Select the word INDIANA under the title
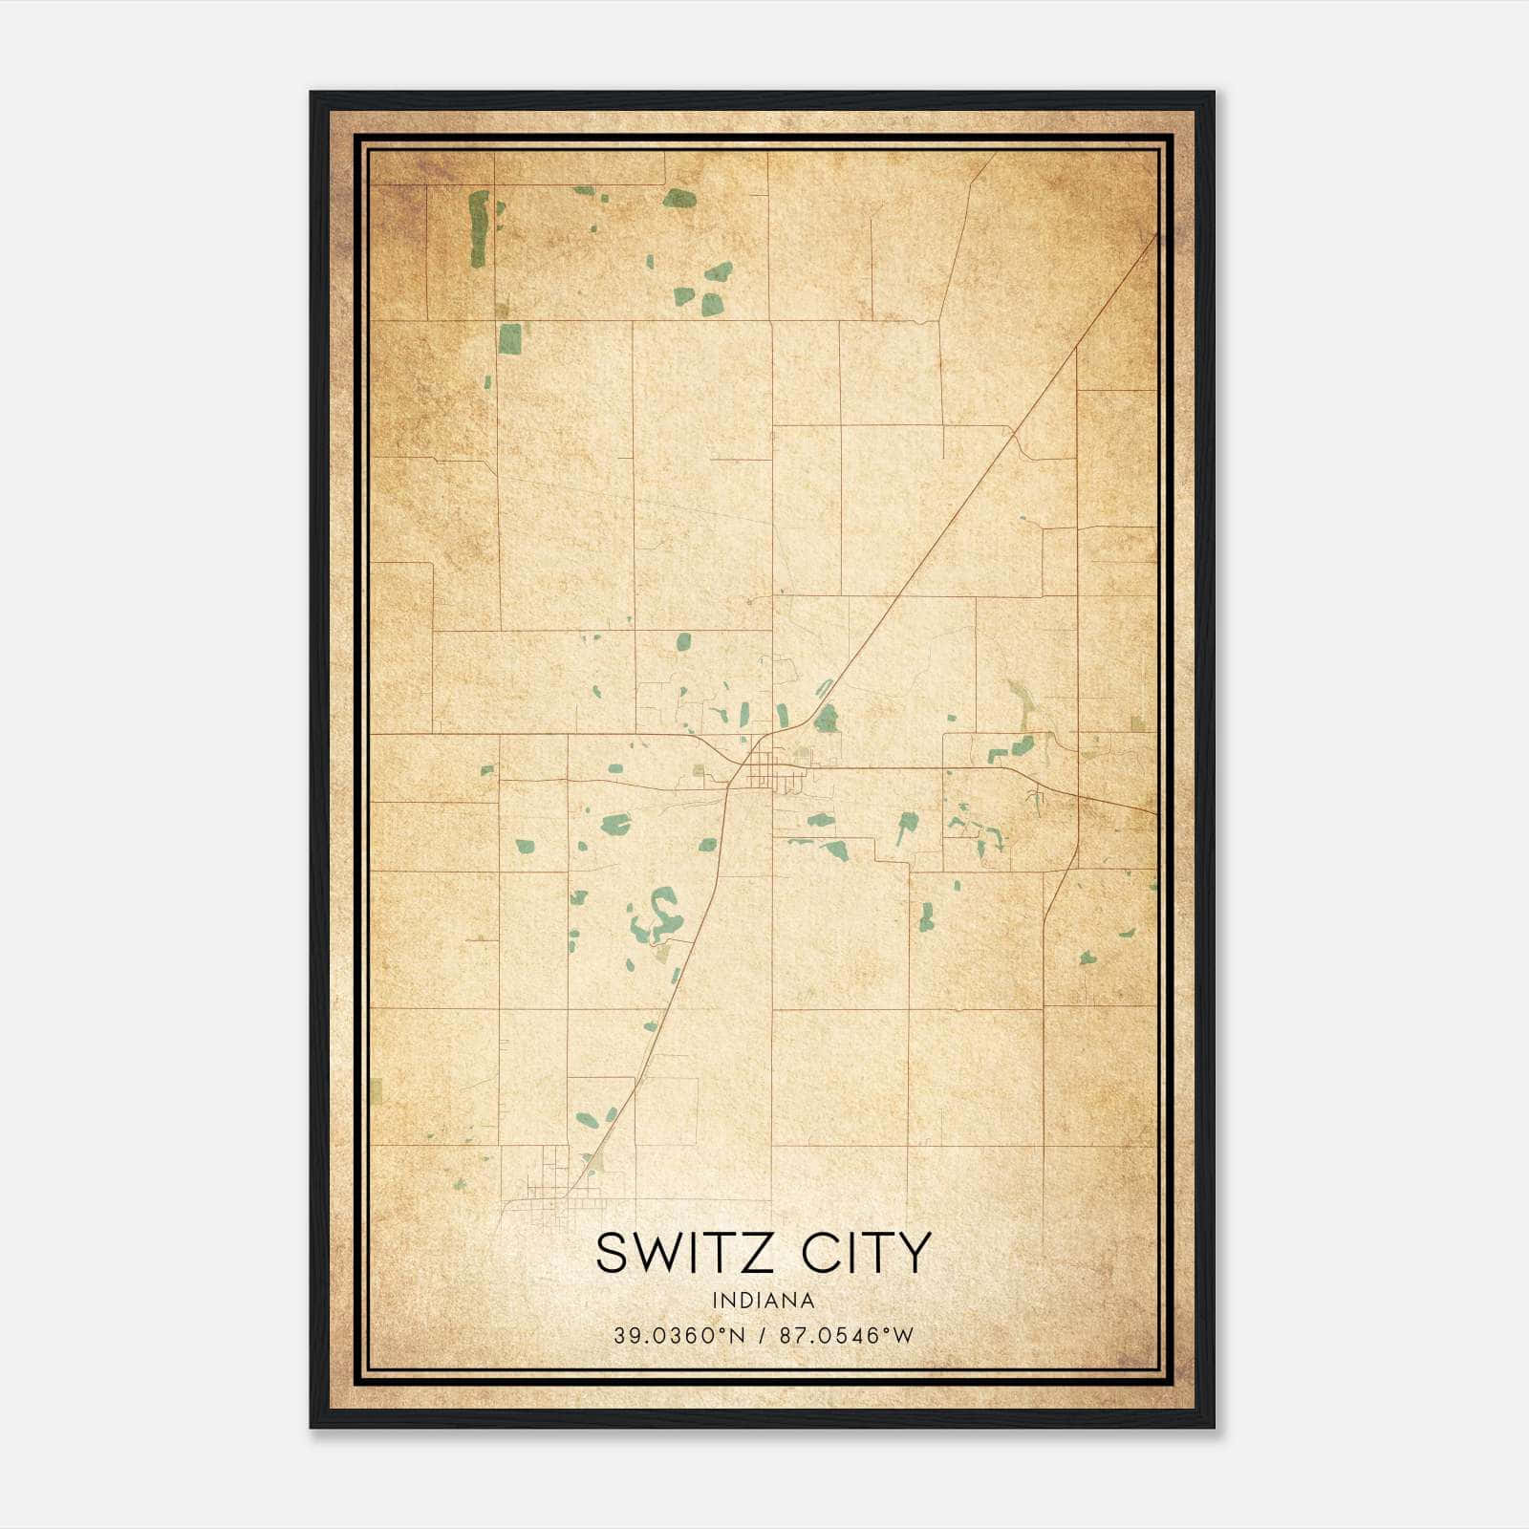coord(764,1301)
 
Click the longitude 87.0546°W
coord(847,1336)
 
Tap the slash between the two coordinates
coord(762,1336)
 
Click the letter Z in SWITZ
coord(757,1253)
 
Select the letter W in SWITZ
coord(655,1253)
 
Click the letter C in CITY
coord(819,1253)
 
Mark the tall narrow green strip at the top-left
coord(478,229)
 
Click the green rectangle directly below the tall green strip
coord(510,338)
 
